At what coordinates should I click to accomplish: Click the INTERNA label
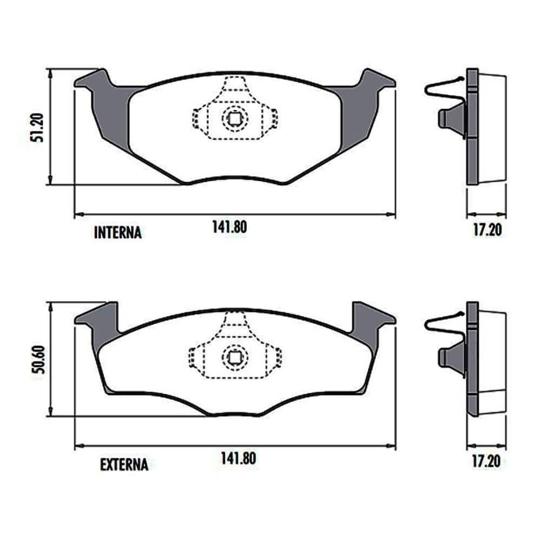click(117, 233)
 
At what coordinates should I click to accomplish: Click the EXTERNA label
click(124, 464)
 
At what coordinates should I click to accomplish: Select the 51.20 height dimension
click(37, 128)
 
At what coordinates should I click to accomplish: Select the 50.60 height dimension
click(38, 359)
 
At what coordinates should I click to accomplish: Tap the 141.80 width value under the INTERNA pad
click(229, 227)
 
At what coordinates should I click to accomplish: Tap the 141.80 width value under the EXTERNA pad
click(239, 459)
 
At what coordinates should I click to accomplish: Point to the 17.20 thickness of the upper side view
click(487, 230)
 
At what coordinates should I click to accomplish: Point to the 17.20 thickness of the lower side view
click(486, 461)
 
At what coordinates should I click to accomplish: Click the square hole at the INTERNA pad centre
click(235, 119)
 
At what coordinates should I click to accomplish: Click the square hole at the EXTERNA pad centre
click(235, 358)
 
